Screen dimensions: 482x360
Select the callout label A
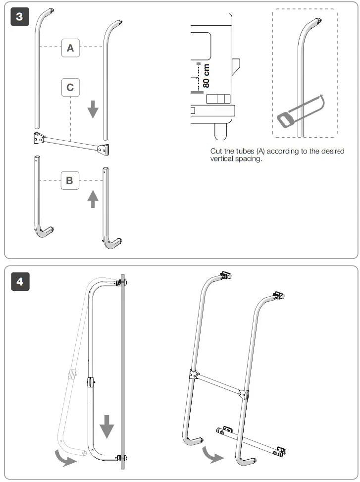click(70, 48)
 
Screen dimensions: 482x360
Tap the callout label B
click(69, 180)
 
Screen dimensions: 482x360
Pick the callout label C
click(70, 87)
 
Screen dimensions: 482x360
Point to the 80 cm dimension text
click(206, 75)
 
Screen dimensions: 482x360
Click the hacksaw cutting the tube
click(298, 111)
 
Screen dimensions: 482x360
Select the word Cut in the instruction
click(216, 151)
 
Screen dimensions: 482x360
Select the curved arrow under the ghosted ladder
click(66, 458)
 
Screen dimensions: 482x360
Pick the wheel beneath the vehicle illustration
click(220, 131)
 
